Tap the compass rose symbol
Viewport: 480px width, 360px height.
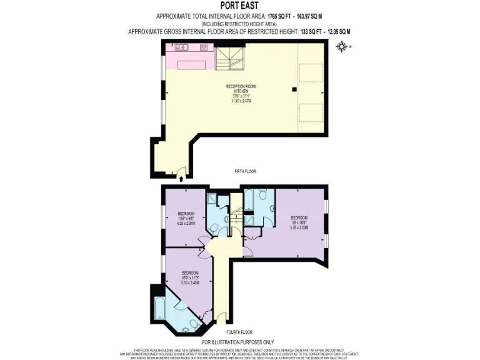[x=341, y=46]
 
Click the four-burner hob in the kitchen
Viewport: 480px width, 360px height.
[x=204, y=47]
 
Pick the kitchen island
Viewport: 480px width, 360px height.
[x=192, y=64]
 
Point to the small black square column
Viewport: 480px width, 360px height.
[x=293, y=89]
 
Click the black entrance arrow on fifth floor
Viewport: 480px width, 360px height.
[x=181, y=179]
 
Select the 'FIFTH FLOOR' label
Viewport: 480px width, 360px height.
[x=245, y=171]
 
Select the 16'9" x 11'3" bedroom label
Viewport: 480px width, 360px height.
[x=190, y=277]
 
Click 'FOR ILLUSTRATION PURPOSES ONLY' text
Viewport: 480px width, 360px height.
[x=240, y=342]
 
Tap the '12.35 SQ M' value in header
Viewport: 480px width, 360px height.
[x=335, y=31]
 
